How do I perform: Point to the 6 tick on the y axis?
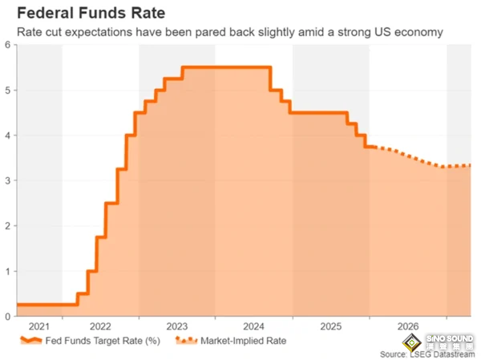7,45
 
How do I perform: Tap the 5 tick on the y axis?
7,90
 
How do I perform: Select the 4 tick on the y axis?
7,136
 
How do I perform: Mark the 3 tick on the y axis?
7,180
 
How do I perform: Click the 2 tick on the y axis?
7,226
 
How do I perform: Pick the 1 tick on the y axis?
7,271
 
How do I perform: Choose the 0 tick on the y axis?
7,316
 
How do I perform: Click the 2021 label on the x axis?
38,327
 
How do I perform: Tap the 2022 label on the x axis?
100,327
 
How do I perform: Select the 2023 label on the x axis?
177,327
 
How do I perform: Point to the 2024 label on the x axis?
254,327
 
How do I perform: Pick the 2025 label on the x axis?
331,327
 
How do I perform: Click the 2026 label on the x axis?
408,327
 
